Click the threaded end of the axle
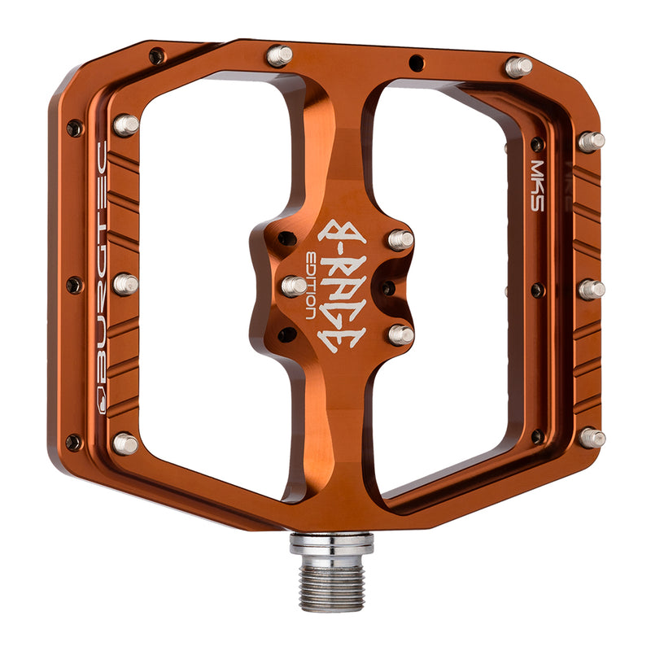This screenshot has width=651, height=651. click(332, 584)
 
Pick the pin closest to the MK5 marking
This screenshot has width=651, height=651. click(592, 141)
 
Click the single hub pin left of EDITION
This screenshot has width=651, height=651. click(294, 286)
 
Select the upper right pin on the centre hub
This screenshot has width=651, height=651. click(400, 239)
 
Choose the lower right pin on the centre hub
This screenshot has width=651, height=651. click(400, 334)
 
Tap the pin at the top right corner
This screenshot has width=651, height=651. click(518, 66)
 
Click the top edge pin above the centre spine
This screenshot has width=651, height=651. click(279, 55)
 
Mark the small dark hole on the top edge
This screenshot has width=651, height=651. click(417, 60)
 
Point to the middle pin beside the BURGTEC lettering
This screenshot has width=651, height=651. click(125, 284)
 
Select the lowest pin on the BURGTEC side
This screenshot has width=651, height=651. click(125, 443)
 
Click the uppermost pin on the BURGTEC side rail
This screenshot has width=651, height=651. click(125, 125)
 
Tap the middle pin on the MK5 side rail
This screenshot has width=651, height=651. click(592, 289)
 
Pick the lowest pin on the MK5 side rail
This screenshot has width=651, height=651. click(592, 438)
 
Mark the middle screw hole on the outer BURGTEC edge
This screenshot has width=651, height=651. click(74, 285)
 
